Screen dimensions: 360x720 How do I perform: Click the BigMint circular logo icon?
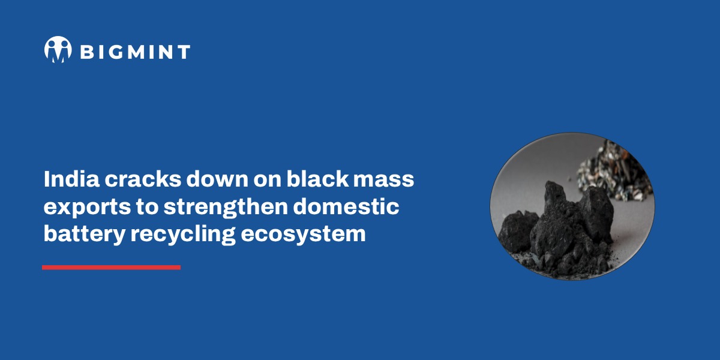58,49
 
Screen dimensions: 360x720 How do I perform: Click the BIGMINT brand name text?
135,52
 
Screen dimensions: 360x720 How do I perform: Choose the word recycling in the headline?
182,234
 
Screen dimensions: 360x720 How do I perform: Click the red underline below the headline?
111,267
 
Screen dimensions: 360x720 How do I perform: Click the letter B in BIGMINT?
86,52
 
